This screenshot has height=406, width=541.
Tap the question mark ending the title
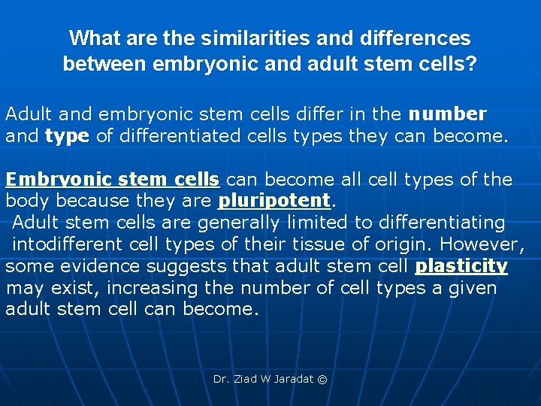point(470,64)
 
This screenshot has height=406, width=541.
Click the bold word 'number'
point(447,114)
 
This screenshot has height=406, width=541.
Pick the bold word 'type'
point(68,136)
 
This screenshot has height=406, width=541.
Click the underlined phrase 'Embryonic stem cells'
point(113,180)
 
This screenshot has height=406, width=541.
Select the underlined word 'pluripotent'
point(274,201)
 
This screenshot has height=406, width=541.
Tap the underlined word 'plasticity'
point(461,266)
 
